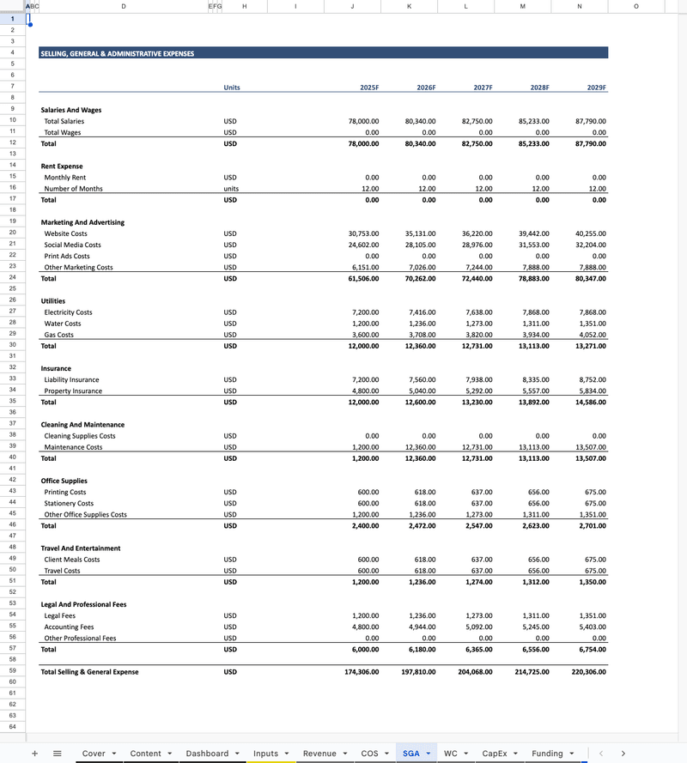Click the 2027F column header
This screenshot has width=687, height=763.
point(483,88)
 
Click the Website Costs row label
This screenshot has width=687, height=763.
point(65,233)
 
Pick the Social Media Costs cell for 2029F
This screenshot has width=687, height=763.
point(590,245)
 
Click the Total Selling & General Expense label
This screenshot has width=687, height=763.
point(89,672)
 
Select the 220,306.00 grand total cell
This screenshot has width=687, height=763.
point(588,672)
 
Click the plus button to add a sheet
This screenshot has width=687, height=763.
point(34,754)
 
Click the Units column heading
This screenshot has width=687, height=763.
point(232,88)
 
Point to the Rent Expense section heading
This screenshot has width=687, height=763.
point(62,167)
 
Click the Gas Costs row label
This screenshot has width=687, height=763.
point(59,335)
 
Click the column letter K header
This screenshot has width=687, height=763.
point(409,6)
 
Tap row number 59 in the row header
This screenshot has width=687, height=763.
point(13,671)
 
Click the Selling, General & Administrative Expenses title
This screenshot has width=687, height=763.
point(117,53)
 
